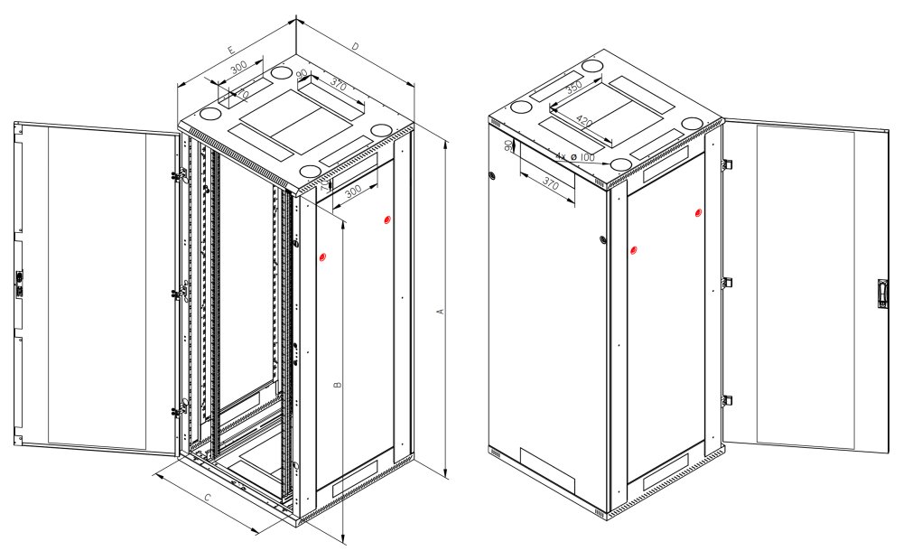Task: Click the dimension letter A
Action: pyautogui.click(x=441, y=312)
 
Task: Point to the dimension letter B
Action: pyautogui.click(x=337, y=386)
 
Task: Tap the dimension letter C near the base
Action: pyautogui.click(x=207, y=498)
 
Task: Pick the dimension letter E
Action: pyautogui.click(x=232, y=49)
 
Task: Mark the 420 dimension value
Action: pyautogui.click(x=584, y=121)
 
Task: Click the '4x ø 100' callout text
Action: pyautogui.click(x=575, y=157)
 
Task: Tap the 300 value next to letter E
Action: pyautogui.click(x=239, y=68)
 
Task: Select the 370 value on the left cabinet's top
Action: pyautogui.click(x=339, y=85)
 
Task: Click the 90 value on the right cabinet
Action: pyautogui.click(x=508, y=145)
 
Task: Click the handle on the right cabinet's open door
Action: pyautogui.click(x=882, y=294)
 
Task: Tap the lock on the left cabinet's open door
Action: pyautogui.click(x=19, y=284)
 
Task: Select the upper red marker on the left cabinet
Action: pyautogui.click(x=387, y=220)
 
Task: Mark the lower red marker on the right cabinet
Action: pyautogui.click(x=632, y=249)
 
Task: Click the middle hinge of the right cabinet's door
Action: pyautogui.click(x=727, y=283)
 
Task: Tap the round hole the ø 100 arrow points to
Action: pyautogui.click(x=620, y=163)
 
